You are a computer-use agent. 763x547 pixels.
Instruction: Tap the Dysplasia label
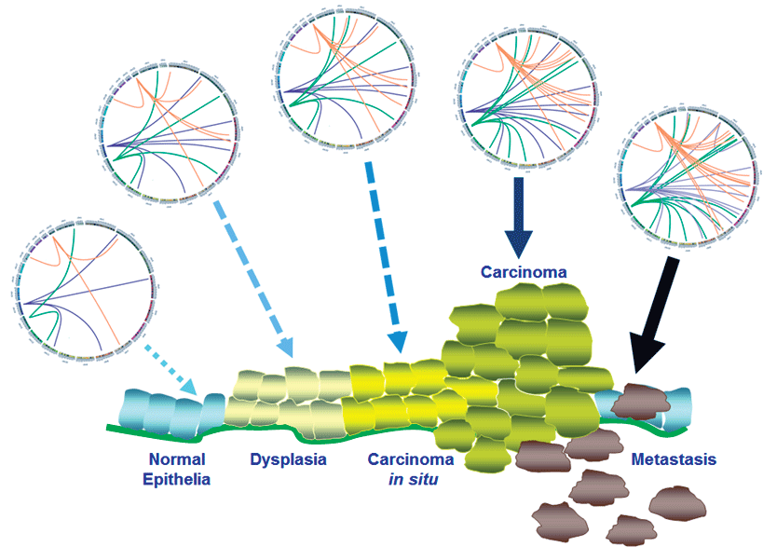pyautogui.click(x=289, y=459)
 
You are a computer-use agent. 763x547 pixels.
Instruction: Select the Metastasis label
pyautogui.click(x=674, y=459)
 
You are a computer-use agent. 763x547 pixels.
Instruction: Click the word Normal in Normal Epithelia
pyautogui.click(x=176, y=459)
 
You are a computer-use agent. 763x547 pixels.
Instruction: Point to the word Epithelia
pyautogui.click(x=177, y=479)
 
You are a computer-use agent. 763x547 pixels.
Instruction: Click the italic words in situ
pyautogui.click(x=411, y=479)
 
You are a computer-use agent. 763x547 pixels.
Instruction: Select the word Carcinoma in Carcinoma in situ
pyautogui.click(x=411, y=459)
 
